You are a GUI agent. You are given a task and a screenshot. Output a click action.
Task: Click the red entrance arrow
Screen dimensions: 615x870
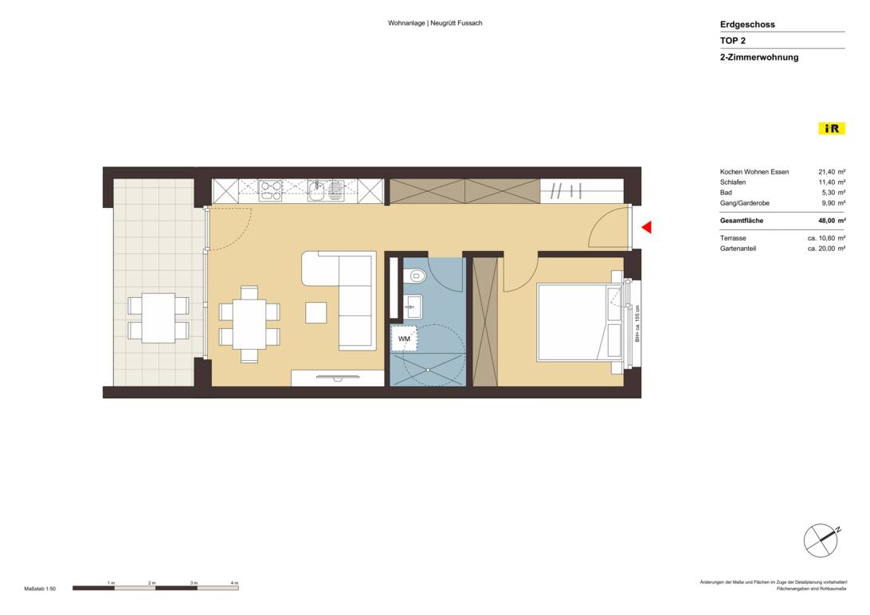[x=647, y=228]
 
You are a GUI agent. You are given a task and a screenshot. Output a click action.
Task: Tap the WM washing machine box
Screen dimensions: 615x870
[x=404, y=339]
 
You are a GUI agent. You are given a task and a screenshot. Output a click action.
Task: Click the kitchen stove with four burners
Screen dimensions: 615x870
[x=271, y=190]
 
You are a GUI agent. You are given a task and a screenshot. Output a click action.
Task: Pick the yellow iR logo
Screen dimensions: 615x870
[x=831, y=128]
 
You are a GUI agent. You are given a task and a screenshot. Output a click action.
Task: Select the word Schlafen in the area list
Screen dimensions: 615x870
[x=733, y=182]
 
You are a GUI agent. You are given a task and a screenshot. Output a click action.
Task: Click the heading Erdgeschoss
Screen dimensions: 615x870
[x=747, y=25]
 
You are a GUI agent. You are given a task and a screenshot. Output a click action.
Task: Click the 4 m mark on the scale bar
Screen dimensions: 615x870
[x=234, y=584]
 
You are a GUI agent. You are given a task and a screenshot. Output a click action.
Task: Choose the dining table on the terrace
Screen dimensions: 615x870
[x=159, y=318]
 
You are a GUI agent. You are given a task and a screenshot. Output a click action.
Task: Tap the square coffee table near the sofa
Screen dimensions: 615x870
[x=315, y=312]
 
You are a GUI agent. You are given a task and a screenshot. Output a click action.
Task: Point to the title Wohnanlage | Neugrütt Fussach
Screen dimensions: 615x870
[x=435, y=23]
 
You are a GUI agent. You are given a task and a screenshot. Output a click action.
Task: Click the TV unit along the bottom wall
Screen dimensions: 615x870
[x=338, y=378]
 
